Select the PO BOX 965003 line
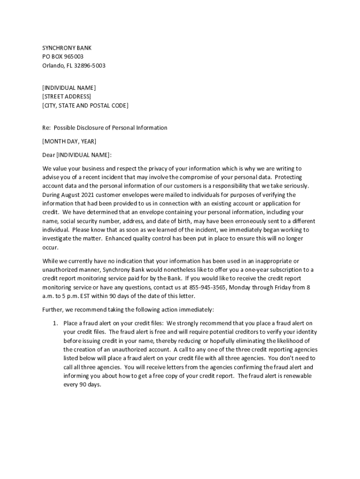63,57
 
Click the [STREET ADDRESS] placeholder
66,96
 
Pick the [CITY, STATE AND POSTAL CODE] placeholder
85,105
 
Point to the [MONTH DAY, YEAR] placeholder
69,141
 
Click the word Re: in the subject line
46,128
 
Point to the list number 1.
55,323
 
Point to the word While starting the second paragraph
50,261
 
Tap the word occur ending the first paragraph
50,247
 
